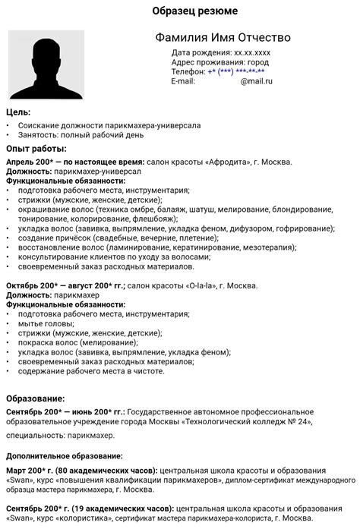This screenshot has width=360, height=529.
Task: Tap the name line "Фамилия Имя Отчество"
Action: (x=222, y=38)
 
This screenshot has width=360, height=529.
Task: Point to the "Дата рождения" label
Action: (x=201, y=52)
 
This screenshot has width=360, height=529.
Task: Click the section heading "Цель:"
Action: (x=18, y=112)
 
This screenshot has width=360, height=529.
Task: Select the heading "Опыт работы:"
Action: (x=36, y=148)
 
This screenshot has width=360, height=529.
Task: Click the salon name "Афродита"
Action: (x=232, y=162)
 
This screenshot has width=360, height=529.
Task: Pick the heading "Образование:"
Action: (x=36, y=398)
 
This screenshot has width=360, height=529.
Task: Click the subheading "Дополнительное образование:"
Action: (x=65, y=456)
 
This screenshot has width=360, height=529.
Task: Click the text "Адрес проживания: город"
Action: (x=220, y=62)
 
